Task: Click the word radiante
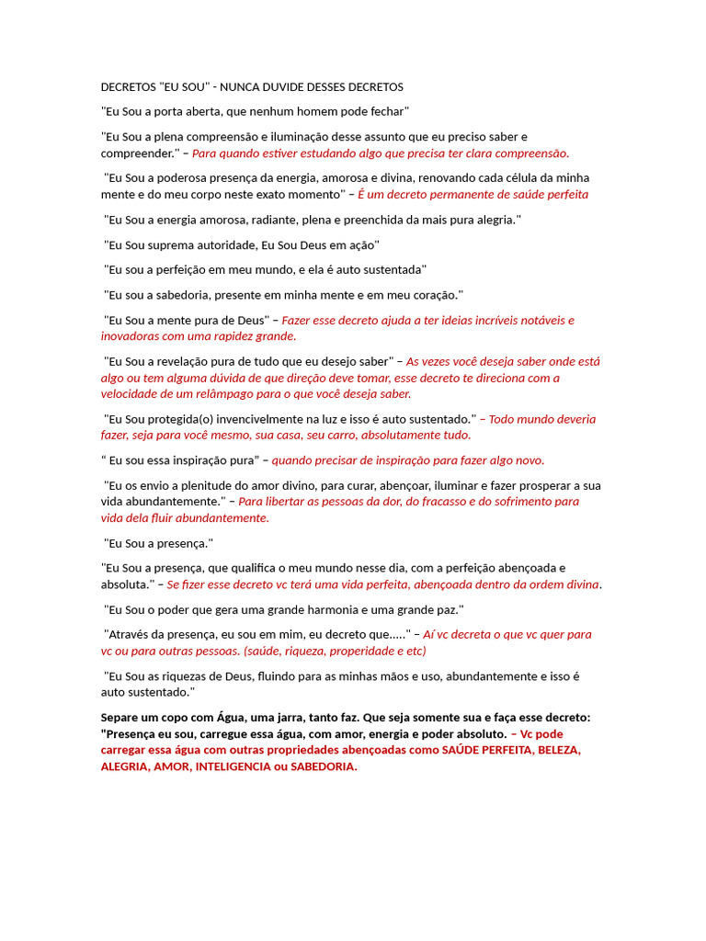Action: tap(297, 220)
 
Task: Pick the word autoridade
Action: tap(224, 245)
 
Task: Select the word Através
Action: tap(131, 634)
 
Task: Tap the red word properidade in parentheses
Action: tap(346, 651)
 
